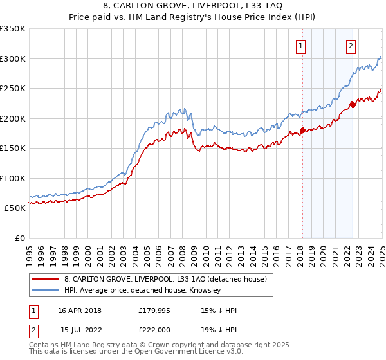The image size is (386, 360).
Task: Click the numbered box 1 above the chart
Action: pos(301,46)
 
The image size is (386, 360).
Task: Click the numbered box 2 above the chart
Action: pos(351,46)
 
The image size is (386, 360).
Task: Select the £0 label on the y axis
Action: pos(19,238)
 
